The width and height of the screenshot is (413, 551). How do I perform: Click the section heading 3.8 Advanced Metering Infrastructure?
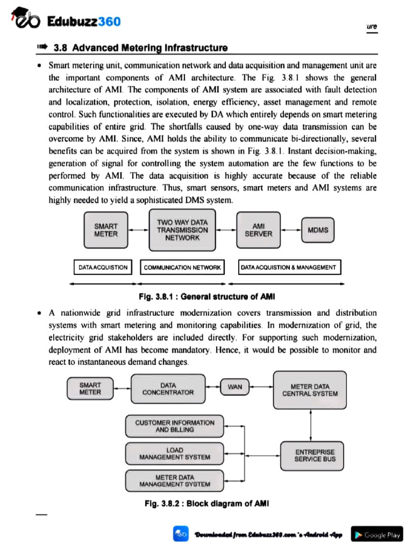tap(141, 48)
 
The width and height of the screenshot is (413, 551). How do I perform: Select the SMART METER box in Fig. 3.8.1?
tap(105, 230)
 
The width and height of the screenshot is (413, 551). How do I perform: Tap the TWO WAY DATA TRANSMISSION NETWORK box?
tap(182, 230)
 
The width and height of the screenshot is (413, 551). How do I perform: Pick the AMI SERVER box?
tap(259, 230)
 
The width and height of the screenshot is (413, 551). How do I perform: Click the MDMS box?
tap(318, 230)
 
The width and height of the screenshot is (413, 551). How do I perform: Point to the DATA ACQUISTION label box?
tap(103, 267)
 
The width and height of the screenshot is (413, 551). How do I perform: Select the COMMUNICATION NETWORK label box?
tap(183, 267)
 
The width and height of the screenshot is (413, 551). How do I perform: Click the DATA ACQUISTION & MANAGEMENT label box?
tap(289, 267)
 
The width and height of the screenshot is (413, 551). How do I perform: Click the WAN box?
tap(235, 387)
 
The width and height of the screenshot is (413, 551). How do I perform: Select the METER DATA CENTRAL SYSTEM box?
tap(310, 390)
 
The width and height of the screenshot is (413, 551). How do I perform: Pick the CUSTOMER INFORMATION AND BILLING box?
tap(174, 426)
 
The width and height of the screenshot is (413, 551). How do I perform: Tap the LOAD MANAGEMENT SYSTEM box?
tap(174, 454)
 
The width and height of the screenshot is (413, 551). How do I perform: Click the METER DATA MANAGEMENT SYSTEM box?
tap(174, 481)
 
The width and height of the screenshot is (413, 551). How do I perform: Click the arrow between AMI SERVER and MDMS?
tap(291, 230)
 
